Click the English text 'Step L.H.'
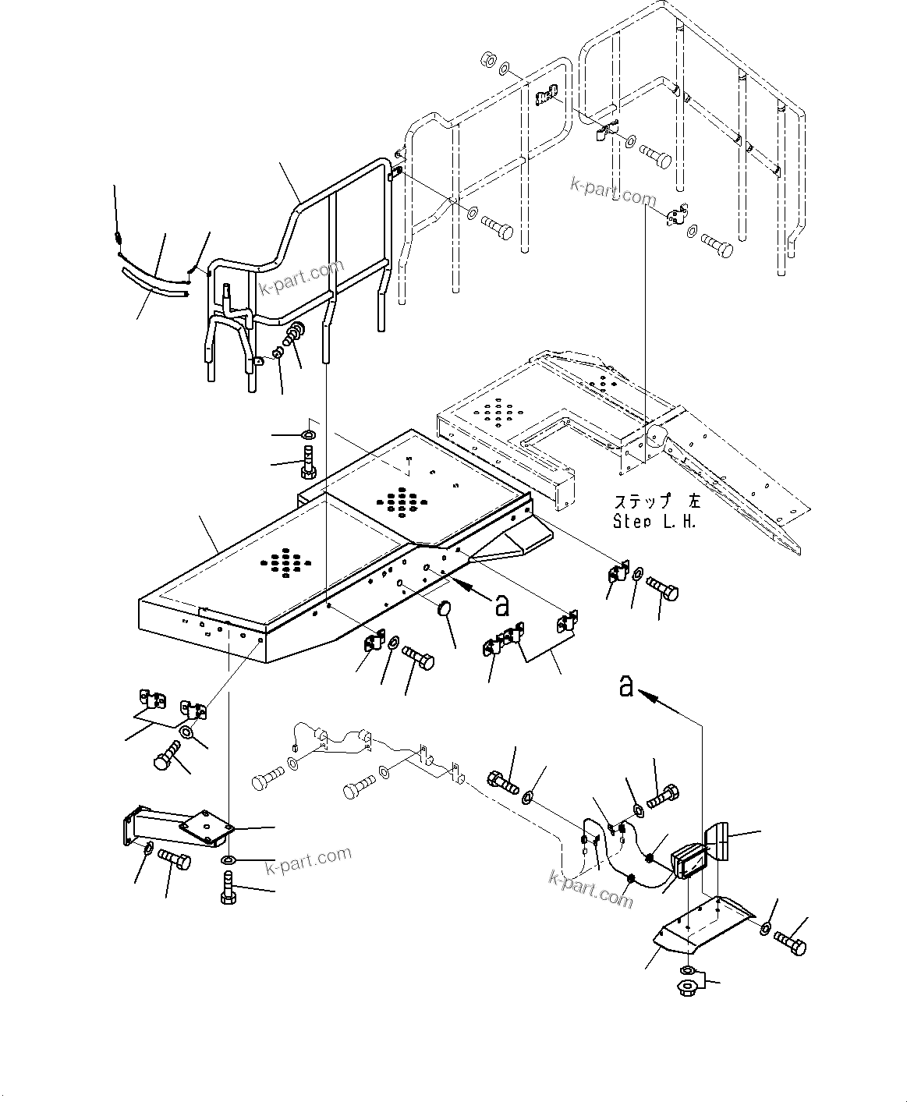[x=654, y=522]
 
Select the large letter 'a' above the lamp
[x=625, y=686]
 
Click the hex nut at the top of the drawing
[x=487, y=60]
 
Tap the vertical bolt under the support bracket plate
[x=227, y=891]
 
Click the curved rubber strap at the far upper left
[x=154, y=284]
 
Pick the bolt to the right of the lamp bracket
[x=791, y=944]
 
